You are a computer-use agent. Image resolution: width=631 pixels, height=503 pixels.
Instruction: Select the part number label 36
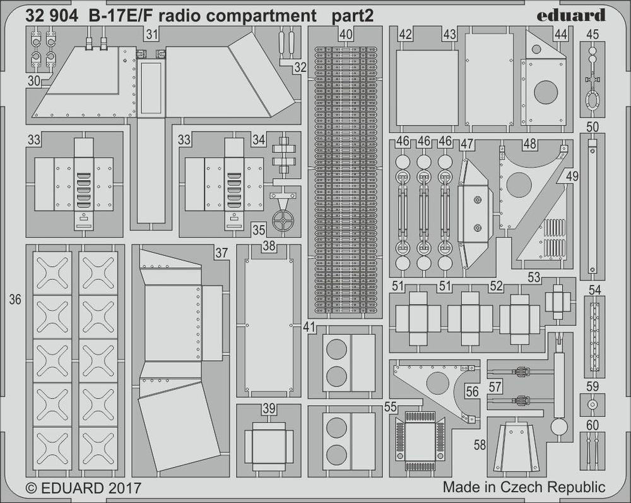point(16,300)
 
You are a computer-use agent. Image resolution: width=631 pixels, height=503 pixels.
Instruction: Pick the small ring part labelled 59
point(592,403)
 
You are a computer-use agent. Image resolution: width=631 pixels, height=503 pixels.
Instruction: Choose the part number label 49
point(572,176)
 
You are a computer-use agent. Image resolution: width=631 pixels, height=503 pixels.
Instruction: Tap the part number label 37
point(220,253)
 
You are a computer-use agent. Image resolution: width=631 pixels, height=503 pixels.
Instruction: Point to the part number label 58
point(480,445)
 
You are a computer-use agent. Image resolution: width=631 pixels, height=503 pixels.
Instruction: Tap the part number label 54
point(594,289)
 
